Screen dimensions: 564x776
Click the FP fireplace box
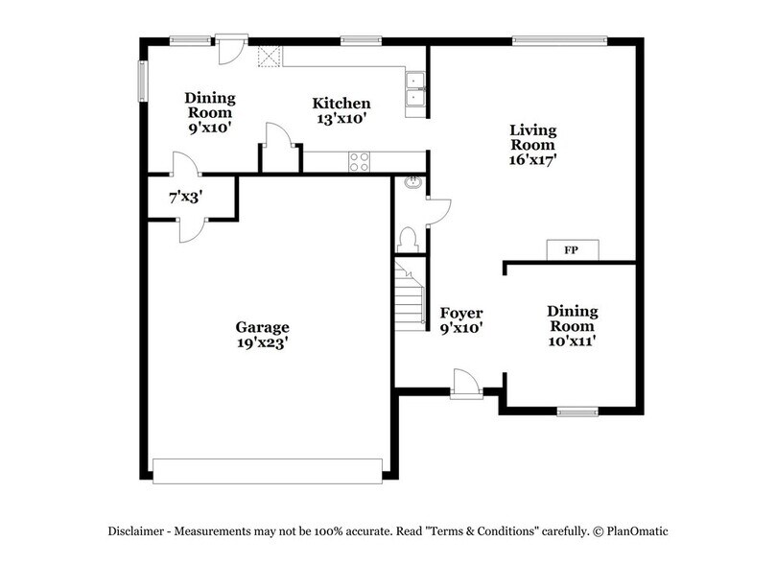tap(570, 250)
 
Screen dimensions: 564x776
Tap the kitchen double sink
tap(415, 88)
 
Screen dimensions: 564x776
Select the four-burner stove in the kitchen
tap(360, 162)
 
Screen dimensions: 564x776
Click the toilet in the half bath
tap(406, 238)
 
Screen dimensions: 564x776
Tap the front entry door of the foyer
tap(466, 384)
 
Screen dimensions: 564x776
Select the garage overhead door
tap(268, 469)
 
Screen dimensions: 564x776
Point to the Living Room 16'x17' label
tap(532, 145)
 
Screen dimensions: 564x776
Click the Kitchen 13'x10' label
tap(341, 111)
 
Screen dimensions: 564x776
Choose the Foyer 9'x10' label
tap(460, 320)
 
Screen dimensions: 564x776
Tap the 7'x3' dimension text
tap(185, 198)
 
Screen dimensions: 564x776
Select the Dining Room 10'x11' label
tap(573, 319)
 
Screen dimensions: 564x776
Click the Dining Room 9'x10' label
tap(209, 112)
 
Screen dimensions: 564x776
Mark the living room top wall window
tap(559, 40)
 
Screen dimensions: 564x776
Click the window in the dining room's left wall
tap(142, 81)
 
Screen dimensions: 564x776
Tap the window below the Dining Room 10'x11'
tap(577, 411)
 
